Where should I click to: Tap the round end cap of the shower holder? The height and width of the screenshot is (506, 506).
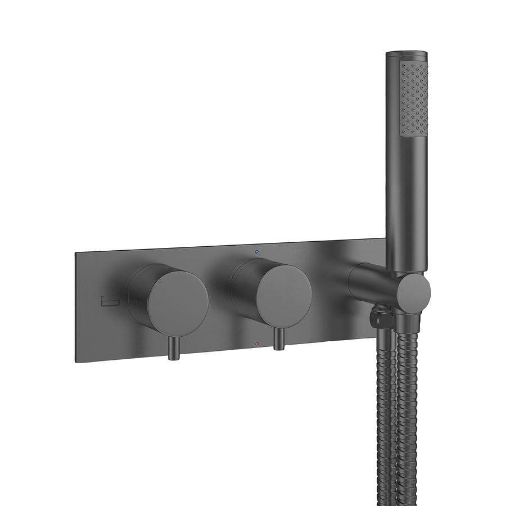point(415,290)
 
